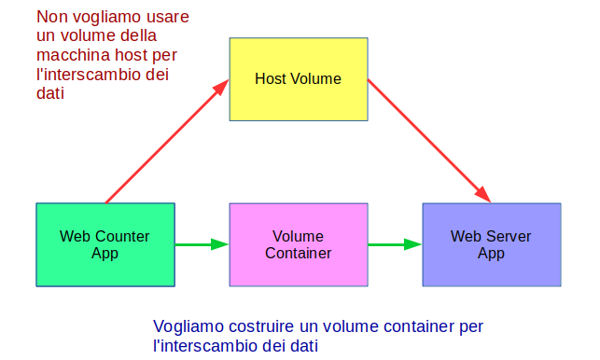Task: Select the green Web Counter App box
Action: click(x=105, y=244)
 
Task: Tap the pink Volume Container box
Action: click(x=298, y=244)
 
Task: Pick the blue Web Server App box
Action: click(x=491, y=244)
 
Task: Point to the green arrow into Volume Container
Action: click(x=202, y=244)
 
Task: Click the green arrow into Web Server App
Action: click(x=394, y=244)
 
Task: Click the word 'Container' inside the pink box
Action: click(x=298, y=253)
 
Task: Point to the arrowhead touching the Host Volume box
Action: click(x=221, y=87)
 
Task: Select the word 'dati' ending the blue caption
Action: click(x=302, y=346)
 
